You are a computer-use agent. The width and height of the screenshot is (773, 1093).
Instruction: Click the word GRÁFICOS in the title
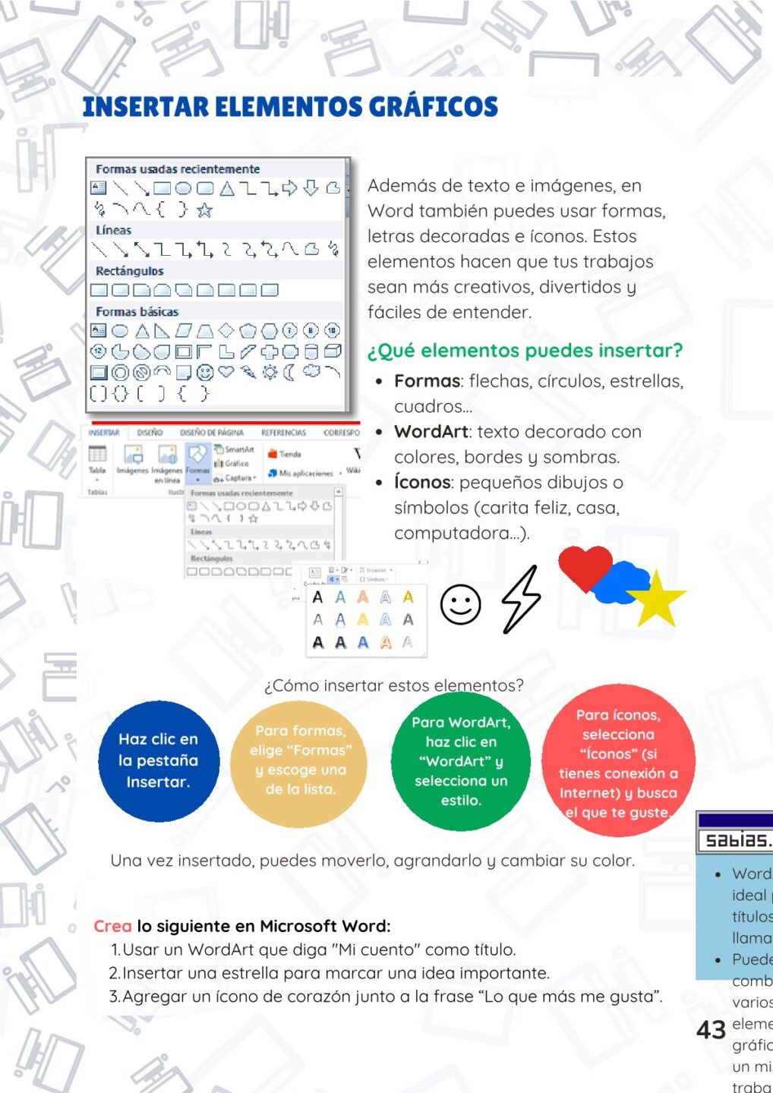point(433,107)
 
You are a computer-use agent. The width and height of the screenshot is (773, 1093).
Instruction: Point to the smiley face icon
point(461,605)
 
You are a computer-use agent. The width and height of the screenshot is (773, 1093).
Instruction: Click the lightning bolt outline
point(522,600)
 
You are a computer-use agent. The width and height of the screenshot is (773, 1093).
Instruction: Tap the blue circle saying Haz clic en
point(158,761)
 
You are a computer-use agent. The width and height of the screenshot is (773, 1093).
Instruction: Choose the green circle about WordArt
point(461,761)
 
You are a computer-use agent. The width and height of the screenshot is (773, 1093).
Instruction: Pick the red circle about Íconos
point(618,761)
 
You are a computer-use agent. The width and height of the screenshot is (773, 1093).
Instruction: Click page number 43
point(711,1030)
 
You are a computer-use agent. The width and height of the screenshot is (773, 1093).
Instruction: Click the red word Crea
point(112,926)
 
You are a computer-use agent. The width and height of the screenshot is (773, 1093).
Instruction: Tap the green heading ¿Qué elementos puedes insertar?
point(525,351)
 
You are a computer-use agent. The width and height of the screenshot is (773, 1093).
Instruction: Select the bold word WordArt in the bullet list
point(431,432)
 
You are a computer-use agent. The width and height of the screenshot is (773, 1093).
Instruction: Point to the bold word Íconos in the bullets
point(422,483)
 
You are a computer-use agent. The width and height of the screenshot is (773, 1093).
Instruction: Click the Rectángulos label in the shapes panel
point(129,271)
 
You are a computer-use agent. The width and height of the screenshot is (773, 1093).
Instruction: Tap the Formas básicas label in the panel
point(137,311)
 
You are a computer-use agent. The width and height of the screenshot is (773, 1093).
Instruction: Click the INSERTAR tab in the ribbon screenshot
point(103,433)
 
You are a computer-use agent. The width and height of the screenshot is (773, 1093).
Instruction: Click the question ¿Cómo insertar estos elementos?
point(393,685)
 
